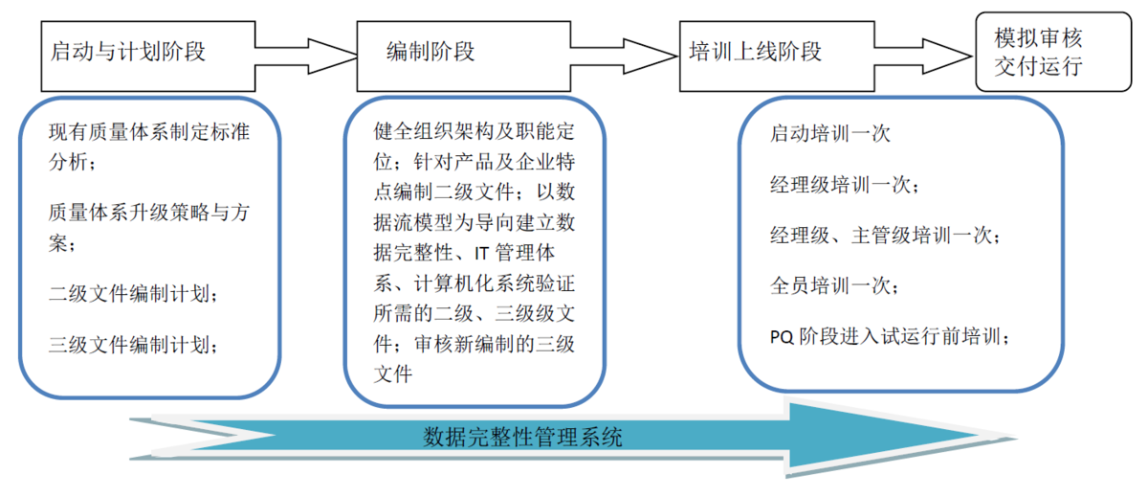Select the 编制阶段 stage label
430,52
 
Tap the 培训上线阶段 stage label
755,52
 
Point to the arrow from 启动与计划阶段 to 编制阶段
306,56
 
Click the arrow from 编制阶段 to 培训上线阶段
625,56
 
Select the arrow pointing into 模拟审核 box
923,56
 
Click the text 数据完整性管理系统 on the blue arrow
522,438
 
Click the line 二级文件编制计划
133,294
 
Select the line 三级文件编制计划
133,344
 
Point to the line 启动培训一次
830,134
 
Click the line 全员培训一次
834,285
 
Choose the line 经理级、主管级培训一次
885,236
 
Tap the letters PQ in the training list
782,337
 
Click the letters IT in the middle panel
481,254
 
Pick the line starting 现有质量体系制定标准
149,132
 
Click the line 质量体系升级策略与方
149,213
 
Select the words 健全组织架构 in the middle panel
433,131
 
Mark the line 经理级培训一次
845,185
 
